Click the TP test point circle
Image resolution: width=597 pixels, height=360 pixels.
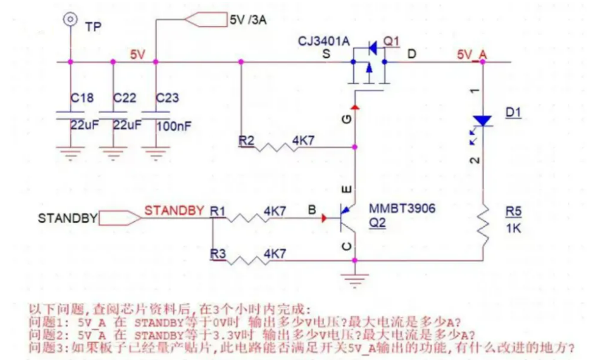pos(71,19)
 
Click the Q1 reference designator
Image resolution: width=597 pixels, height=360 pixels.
pos(392,41)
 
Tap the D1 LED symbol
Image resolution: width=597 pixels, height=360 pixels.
pos(483,122)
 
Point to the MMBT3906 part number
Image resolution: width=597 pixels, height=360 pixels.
pos(402,209)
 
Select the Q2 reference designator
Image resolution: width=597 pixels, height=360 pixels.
pos(377,223)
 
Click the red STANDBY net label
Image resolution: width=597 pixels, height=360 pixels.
pos(174,210)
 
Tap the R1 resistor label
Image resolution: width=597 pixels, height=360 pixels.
pos(217,210)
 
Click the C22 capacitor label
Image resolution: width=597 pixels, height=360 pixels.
pos(125,97)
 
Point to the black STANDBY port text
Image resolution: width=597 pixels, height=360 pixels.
pos(67,218)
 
